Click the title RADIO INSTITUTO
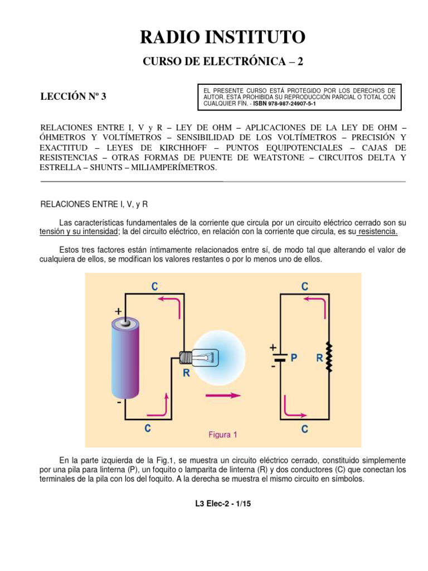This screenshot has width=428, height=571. tap(222, 38)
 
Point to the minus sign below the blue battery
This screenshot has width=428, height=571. tap(119, 401)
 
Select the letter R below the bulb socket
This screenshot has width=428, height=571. tap(187, 374)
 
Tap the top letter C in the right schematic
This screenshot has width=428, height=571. tap(305, 287)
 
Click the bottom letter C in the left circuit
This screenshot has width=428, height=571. tap(148, 429)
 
